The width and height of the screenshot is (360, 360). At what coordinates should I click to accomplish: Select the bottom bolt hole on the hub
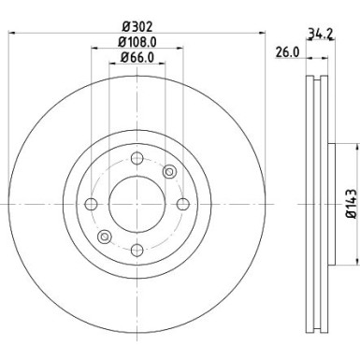tap(137, 249)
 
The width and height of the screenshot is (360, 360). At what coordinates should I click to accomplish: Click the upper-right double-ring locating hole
tap(169, 171)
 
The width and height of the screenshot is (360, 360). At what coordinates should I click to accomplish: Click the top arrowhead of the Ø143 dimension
tap(356, 146)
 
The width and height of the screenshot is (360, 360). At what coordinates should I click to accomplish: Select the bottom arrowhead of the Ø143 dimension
tap(356, 264)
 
